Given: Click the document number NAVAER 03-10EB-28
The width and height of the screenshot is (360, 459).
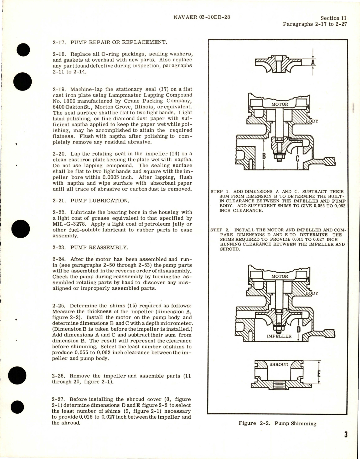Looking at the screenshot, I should pos(202,17).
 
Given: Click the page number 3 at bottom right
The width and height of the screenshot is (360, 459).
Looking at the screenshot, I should pos(346,435).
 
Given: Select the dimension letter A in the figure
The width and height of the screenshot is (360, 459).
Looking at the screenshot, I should pos(313,62).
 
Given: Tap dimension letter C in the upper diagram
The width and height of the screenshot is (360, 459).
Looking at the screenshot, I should pos(298,159).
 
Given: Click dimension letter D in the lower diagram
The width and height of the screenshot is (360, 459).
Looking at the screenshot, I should pos(298,330).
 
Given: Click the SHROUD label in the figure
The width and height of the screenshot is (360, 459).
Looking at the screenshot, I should pos(279,365).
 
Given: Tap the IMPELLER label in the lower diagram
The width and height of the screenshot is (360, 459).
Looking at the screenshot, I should pos(279,336).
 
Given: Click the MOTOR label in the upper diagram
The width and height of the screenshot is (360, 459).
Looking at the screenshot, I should pos(280,104).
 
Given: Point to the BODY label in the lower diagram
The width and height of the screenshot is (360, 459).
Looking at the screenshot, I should pos(312,293).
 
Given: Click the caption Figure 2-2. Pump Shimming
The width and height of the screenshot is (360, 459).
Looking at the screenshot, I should pos(277,423).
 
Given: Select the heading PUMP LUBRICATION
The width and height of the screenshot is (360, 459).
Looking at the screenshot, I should pos(100,201).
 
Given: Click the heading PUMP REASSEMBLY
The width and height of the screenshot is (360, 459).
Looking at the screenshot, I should pos(99,247).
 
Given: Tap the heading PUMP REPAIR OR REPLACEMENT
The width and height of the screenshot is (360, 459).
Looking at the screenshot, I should pos(118,42).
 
